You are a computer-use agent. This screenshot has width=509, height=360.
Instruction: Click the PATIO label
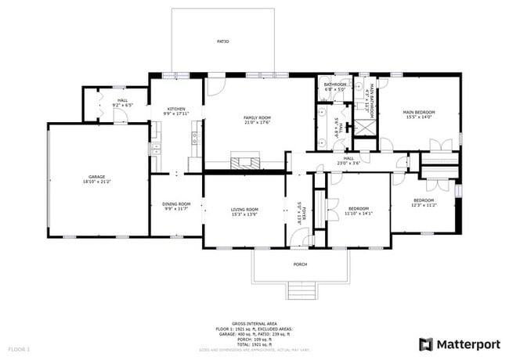223,41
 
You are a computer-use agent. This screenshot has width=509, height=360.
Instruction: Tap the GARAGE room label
97,177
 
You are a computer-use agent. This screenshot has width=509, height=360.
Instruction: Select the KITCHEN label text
175,109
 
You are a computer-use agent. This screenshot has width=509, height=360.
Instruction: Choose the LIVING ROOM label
244,209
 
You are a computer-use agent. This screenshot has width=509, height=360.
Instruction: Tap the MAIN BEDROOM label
419,112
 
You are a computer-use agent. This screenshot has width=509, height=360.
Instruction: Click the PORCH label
300,265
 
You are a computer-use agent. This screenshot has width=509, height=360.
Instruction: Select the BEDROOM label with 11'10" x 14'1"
358,208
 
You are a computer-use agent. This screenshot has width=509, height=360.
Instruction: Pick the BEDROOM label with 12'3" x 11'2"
424,200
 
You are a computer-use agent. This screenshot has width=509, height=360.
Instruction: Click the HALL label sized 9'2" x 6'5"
123,100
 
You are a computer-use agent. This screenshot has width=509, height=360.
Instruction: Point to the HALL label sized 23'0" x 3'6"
348,158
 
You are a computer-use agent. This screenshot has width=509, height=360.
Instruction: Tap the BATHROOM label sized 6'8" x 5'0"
335,85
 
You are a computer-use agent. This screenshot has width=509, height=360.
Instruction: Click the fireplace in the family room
244,163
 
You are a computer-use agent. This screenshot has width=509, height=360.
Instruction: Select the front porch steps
301,291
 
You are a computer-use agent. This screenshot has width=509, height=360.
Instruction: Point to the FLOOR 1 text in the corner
19,347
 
